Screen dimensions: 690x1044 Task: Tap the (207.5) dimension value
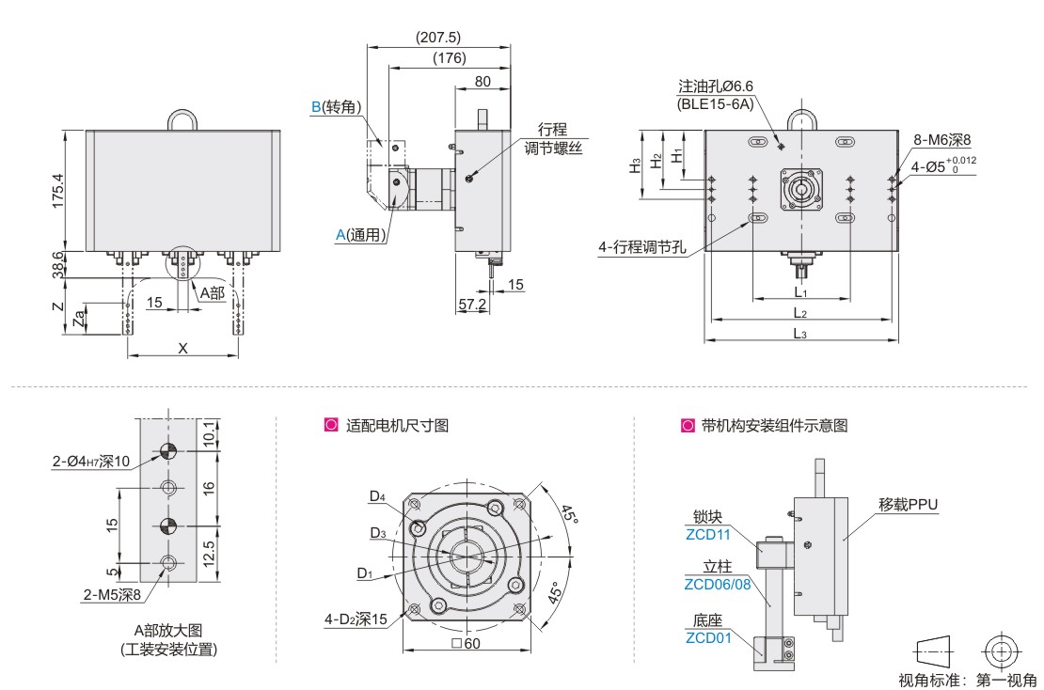click(x=437, y=38)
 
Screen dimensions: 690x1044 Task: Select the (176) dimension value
click(x=450, y=58)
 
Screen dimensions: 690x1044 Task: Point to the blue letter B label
click(x=316, y=107)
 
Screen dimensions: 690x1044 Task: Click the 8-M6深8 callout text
click(x=941, y=140)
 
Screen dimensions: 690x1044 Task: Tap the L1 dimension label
click(x=800, y=293)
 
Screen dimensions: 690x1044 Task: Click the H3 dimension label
click(x=636, y=164)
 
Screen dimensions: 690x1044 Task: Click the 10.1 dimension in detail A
click(x=209, y=432)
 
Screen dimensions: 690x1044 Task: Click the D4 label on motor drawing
click(x=377, y=495)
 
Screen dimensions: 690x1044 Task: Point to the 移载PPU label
click(x=909, y=504)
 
